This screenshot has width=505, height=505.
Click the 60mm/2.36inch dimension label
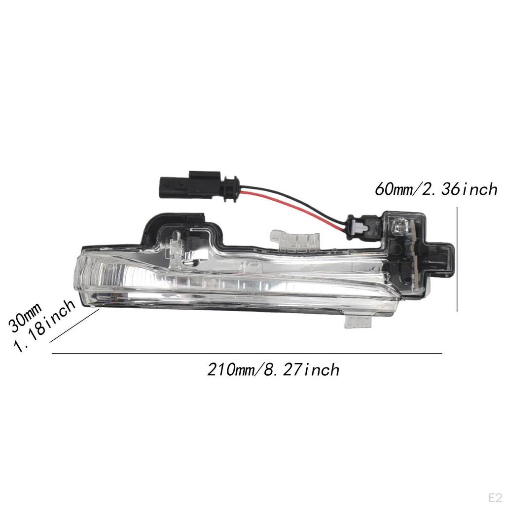click(436, 189)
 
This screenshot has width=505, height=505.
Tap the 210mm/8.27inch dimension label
click(273, 369)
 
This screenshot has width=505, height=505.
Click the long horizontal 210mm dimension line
click(247, 354)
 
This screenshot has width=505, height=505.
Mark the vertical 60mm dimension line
click(458, 259)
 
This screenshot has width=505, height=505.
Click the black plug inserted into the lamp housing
click(362, 228)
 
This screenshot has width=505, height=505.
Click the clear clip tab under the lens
click(357, 322)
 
